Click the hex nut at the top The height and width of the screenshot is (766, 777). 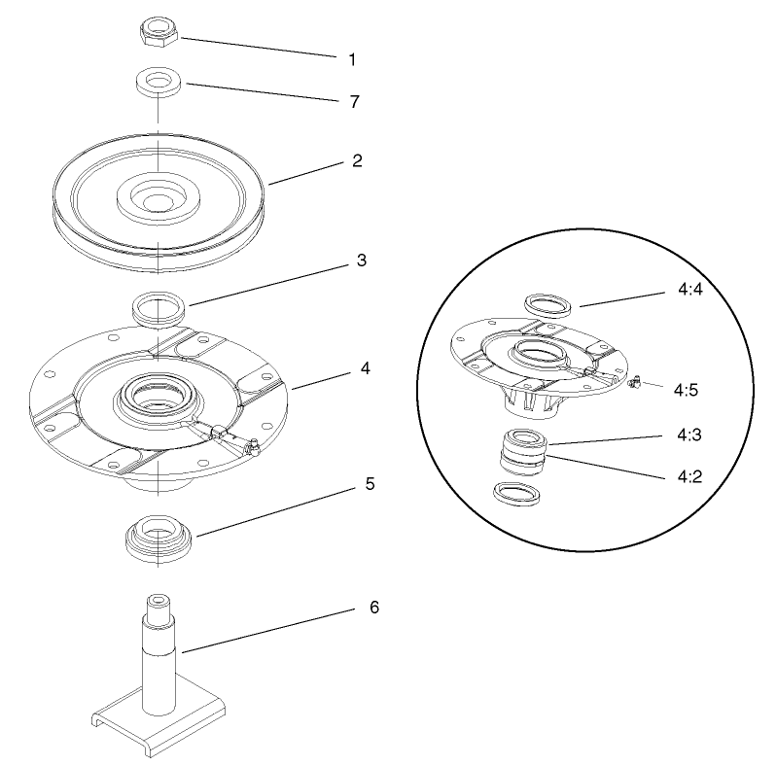[x=158, y=35]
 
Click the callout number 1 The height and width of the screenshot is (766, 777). [x=352, y=59]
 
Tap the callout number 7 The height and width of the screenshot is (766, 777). [x=354, y=101]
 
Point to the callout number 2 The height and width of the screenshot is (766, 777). [x=357, y=161]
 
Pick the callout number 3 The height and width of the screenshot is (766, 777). [x=361, y=261]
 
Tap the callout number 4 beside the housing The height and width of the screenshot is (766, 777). [x=365, y=368]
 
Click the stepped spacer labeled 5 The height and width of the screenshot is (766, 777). [x=157, y=537]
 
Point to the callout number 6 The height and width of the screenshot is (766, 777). [x=373, y=608]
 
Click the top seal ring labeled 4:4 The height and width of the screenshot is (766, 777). [x=548, y=304]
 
